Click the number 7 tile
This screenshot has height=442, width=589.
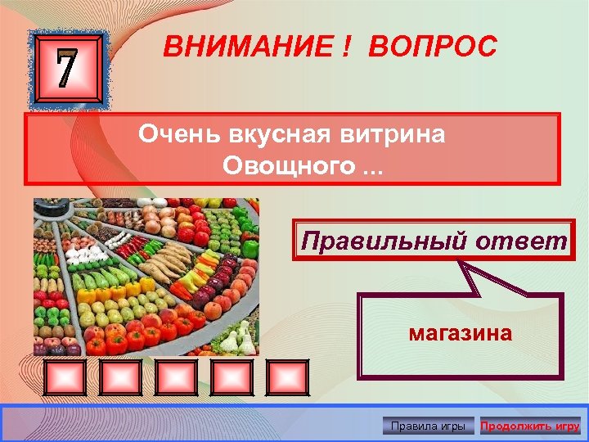(68, 70)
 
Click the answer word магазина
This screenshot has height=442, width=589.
(461, 333)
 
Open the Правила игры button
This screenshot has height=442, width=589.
(429, 426)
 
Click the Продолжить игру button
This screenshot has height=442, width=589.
(529, 426)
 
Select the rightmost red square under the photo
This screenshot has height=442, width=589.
(286, 378)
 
